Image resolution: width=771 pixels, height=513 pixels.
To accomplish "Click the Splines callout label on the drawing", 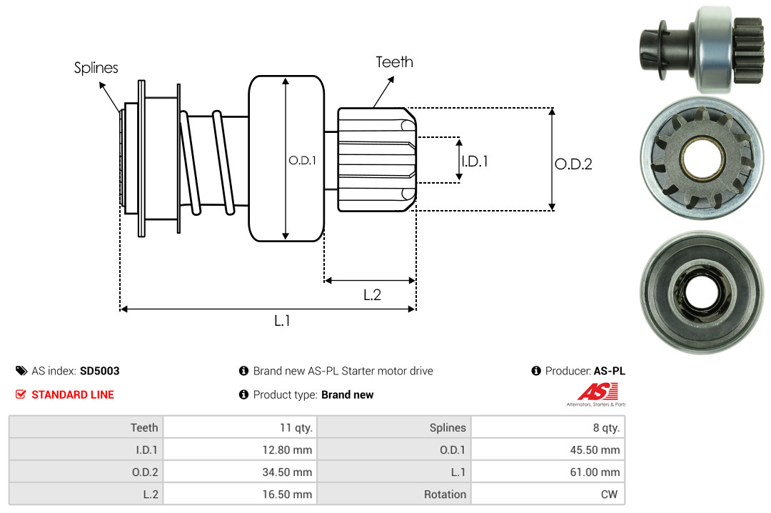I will click(x=96, y=68).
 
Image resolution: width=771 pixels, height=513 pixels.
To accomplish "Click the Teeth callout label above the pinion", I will click(x=394, y=62).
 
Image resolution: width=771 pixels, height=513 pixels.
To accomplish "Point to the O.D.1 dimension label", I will click(x=302, y=161).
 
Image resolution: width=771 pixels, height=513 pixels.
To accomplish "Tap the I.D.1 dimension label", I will click(x=475, y=161).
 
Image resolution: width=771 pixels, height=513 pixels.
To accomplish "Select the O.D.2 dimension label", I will click(x=573, y=164).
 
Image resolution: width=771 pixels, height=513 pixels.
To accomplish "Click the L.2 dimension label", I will click(x=372, y=294).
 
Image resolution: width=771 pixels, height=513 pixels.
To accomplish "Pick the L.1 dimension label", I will click(x=282, y=321).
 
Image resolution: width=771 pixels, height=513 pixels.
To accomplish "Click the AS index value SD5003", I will click(x=100, y=371).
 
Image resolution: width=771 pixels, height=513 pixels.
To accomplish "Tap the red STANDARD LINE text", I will click(x=72, y=394).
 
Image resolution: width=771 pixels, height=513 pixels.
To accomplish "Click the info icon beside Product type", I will click(x=243, y=394).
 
